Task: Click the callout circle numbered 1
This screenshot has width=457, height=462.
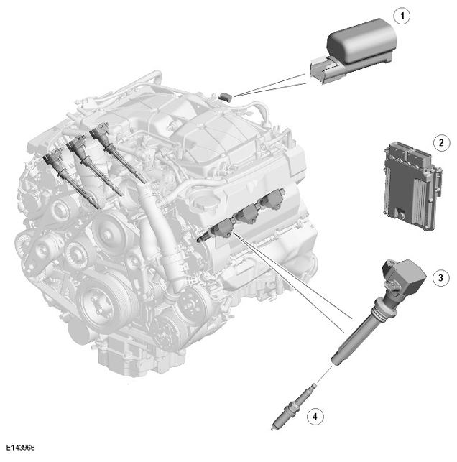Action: coord(402,16)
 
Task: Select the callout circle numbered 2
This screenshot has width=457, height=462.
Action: coord(441,143)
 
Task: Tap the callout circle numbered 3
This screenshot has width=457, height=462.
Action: coord(440,278)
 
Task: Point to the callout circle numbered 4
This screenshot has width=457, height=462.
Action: coord(315,417)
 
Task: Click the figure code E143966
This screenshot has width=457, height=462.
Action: coord(21,448)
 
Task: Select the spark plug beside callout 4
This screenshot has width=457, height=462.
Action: coord(293,407)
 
